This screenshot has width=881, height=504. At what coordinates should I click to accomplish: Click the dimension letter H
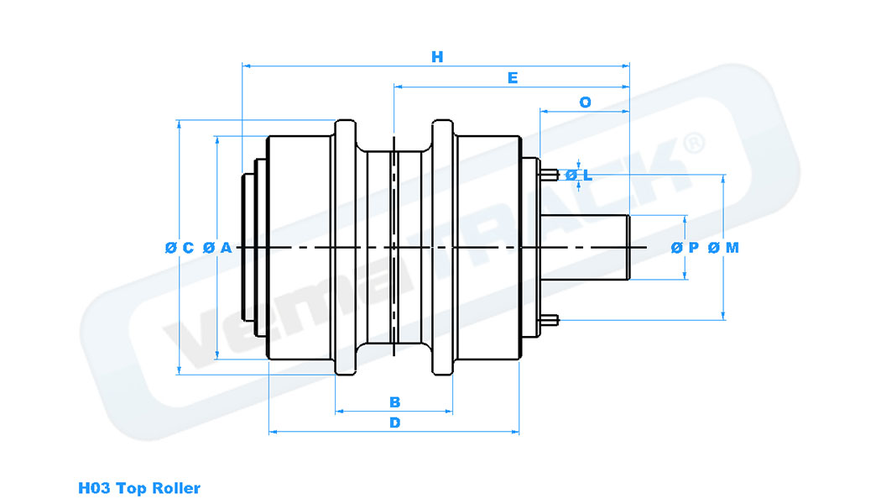[436, 57]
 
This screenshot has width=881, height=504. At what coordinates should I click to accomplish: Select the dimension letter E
[512, 78]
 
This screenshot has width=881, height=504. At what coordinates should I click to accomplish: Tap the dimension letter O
[585, 102]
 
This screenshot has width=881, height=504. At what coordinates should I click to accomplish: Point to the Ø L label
[579, 175]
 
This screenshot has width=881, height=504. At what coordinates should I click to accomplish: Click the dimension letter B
[394, 402]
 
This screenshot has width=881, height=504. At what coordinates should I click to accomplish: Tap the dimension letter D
[394, 423]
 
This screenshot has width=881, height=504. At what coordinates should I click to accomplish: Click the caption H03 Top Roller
[139, 488]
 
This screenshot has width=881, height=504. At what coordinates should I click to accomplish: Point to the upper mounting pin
[550, 175]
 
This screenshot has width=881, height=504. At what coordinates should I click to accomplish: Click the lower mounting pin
[550, 319]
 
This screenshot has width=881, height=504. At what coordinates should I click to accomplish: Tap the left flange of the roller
[346, 248]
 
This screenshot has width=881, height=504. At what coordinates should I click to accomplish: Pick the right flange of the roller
[443, 248]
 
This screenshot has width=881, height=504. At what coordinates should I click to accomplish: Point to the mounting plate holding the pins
[530, 248]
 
